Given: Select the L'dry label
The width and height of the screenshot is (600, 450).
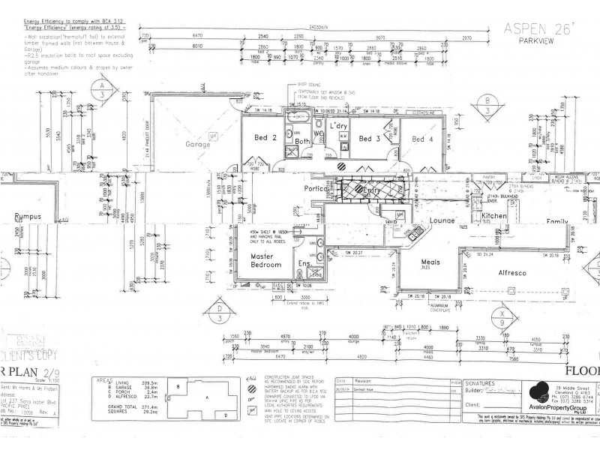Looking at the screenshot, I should pyautogui.click(x=339, y=126).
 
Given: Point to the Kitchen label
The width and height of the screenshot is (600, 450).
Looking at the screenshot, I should pyautogui.click(x=496, y=216).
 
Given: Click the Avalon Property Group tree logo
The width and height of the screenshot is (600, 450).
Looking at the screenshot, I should pyautogui.click(x=537, y=390).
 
